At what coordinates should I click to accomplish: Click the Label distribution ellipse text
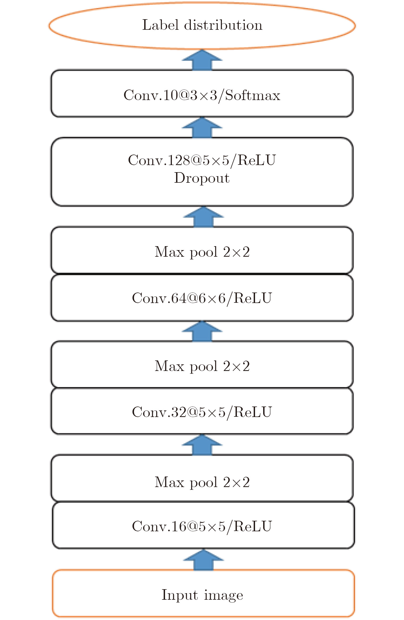tap(202, 25)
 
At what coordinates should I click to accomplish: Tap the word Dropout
tap(202, 178)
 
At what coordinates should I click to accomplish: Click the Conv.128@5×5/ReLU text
tap(202, 160)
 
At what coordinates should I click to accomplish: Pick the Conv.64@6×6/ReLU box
tap(202, 298)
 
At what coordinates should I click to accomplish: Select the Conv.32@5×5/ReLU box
tap(202, 412)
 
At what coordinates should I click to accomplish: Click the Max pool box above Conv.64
tap(202, 251)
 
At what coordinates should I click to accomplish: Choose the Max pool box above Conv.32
tap(202, 366)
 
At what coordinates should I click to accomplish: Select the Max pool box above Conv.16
tap(202, 482)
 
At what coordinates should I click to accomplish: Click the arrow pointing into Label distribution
tap(202, 60)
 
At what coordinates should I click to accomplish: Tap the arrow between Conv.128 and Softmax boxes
tap(202, 128)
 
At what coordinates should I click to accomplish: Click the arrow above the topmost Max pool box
tap(203, 217)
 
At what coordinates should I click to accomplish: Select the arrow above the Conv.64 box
tap(202, 331)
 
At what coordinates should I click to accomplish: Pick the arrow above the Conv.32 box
tap(202, 445)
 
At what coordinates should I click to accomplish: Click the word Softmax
tap(253, 95)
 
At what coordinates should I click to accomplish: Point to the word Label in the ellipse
tap(160, 25)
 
